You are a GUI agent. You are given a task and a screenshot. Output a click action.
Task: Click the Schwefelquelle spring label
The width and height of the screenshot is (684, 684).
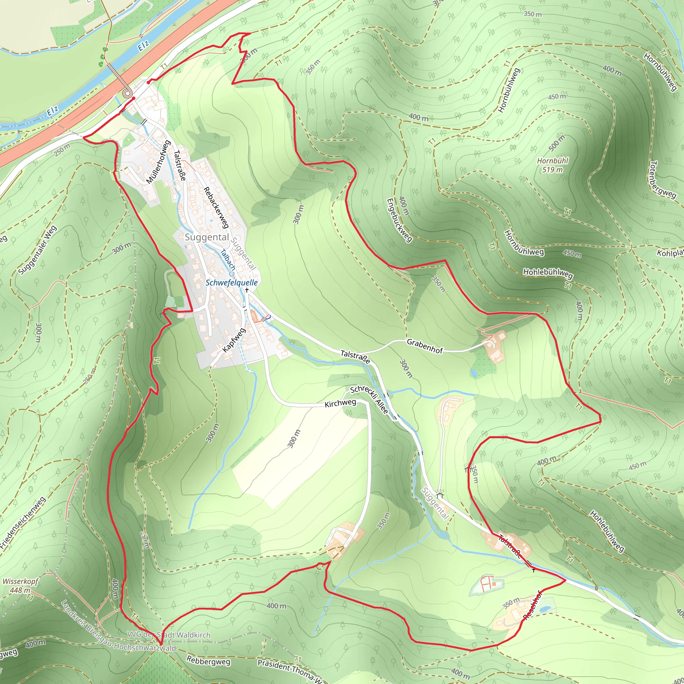[231, 283]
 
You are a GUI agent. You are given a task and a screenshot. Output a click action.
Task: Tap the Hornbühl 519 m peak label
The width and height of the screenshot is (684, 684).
[552, 165]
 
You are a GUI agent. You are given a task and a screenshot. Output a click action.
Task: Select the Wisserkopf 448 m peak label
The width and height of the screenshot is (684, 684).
[20, 585]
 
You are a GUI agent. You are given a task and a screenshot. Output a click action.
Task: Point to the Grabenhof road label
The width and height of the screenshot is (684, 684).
[424, 346]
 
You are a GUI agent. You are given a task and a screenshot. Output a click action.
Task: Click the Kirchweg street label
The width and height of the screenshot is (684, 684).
[340, 403]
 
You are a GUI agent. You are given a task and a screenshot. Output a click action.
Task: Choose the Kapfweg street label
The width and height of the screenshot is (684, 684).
[234, 340]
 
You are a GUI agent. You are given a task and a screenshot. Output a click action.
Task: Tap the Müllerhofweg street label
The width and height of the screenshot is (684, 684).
[158, 162]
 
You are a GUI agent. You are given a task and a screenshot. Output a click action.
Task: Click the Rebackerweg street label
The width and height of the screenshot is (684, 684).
[216, 207]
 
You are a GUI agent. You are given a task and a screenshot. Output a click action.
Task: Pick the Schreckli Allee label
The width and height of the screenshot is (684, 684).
[369, 400]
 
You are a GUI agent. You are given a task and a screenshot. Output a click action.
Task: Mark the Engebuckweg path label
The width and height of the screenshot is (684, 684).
[399, 220]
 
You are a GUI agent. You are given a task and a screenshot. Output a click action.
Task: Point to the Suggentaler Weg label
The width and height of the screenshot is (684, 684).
[37, 250]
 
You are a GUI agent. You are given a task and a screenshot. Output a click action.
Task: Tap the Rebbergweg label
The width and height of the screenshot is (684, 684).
[208, 661]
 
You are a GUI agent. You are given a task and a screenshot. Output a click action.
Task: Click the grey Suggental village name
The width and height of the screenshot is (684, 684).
[207, 237]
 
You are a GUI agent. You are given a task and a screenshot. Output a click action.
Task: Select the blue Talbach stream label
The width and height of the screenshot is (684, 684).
[228, 260]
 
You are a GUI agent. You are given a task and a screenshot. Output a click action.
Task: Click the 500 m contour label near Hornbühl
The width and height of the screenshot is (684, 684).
[557, 142]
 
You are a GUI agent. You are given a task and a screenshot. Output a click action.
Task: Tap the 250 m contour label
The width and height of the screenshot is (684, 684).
[62, 150]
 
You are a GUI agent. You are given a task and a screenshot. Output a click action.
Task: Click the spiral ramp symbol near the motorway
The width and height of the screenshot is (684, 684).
[126, 93]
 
